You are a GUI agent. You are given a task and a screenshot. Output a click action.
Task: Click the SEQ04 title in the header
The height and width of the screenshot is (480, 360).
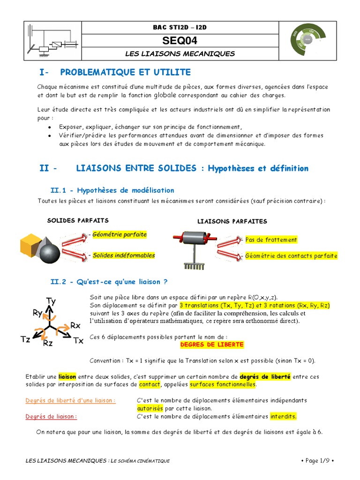pos(180,41)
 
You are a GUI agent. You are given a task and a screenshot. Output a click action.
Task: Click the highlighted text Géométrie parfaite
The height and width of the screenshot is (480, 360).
pos(120,234)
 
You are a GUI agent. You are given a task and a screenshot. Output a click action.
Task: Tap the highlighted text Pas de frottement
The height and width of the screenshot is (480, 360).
pos(271,240)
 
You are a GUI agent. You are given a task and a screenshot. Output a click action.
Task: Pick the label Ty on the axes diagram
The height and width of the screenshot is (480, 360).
pos(52,301)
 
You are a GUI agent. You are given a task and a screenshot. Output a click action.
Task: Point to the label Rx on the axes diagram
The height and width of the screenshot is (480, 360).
pos(75,325)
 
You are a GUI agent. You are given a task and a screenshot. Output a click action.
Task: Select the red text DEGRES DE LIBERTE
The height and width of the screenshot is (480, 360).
pos(212,345)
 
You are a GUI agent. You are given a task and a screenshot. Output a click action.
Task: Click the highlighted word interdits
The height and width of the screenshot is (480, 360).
pos(284,416)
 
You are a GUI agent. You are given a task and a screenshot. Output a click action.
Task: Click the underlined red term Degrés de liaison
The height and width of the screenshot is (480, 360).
pos(58,416)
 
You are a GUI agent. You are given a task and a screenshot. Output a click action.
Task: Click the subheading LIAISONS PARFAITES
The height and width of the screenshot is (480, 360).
pos(232,221)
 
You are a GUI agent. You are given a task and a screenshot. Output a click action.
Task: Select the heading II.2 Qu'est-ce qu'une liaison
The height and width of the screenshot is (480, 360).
pos(109,282)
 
